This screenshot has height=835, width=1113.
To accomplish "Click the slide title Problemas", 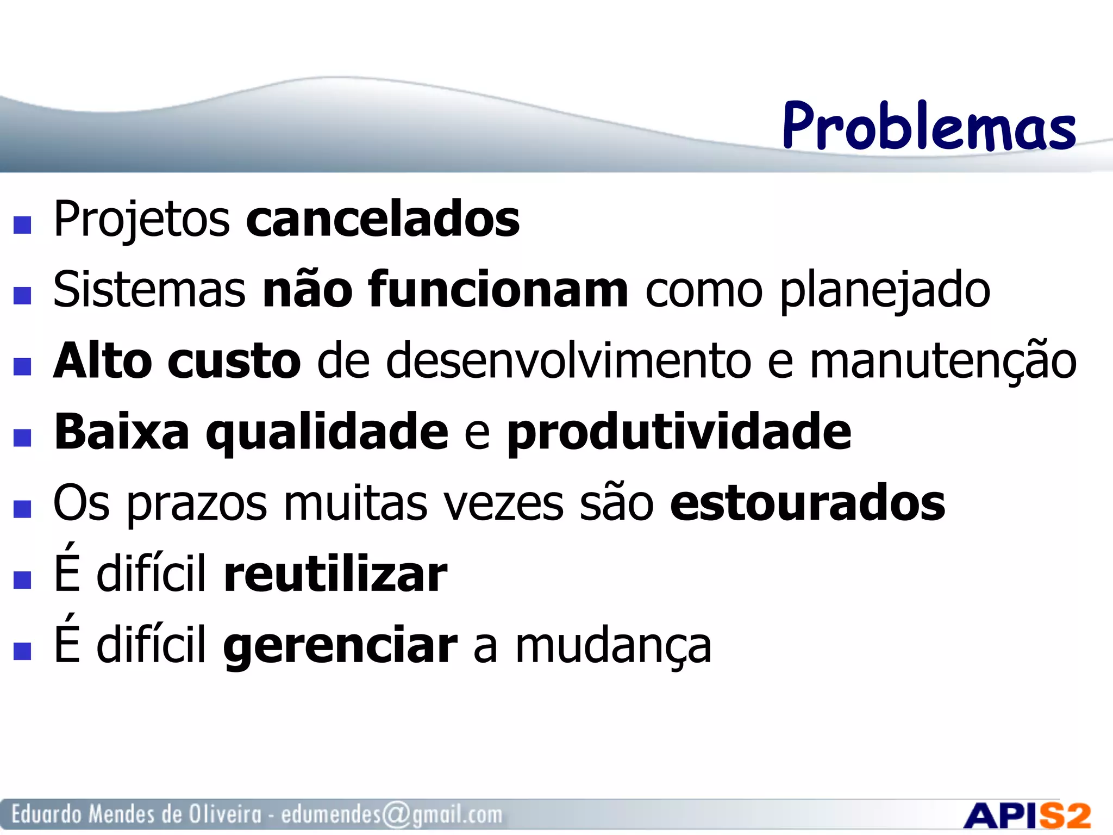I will click(929, 126).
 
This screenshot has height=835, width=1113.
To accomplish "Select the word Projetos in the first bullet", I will click(142, 220).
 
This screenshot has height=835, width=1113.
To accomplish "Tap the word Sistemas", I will click(149, 290).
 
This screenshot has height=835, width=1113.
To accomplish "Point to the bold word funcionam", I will click(498, 290).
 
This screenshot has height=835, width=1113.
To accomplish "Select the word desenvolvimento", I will click(568, 361).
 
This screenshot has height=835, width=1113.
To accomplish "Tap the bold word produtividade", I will click(679, 432).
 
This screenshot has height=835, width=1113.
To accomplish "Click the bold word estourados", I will click(807, 503).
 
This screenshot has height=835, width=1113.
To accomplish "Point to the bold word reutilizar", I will click(335, 575).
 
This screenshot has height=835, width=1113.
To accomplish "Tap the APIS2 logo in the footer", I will click(1027, 815).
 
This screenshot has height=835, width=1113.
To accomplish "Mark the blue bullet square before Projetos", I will click(22, 225).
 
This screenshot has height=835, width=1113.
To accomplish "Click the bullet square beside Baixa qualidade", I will click(22, 438).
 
